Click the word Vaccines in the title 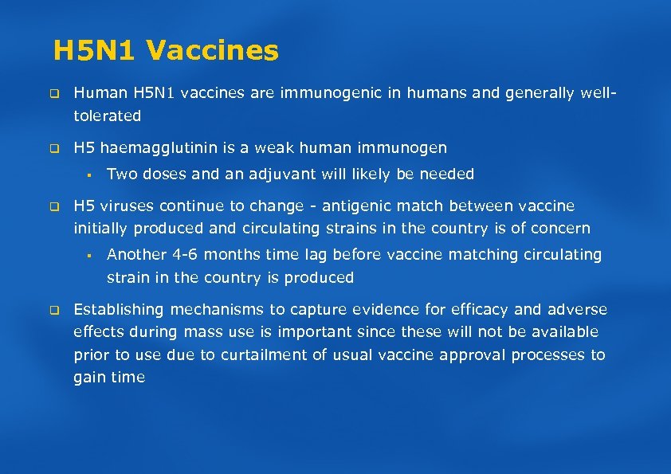point(213,51)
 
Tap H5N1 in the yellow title point(96,51)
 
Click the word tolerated point(107,116)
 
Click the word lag point(338,255)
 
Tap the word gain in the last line point(89,378)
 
